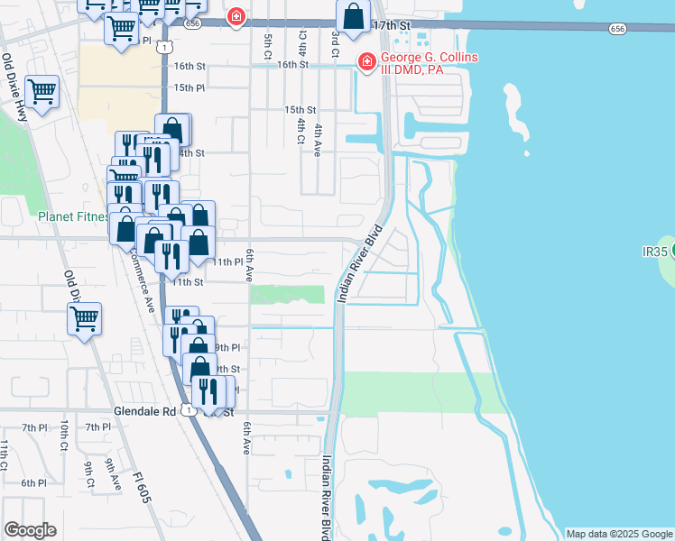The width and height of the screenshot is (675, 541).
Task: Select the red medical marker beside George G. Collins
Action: (366, 62)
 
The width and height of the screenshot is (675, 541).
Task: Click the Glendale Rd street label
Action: (144, 410)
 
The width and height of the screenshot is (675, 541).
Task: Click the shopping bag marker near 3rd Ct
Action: (354, 16)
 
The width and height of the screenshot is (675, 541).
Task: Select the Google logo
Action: (30, 530)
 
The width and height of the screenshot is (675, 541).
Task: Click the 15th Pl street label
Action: (190, 87)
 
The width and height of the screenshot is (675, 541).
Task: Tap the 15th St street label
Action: (300, 109)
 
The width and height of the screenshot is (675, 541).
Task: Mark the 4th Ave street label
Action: (318, 142)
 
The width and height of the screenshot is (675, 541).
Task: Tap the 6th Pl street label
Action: (34, 483)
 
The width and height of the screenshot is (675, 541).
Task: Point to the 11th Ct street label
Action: (5, 455)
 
